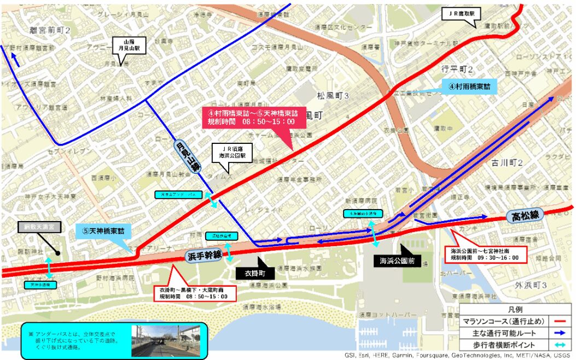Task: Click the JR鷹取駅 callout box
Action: [462, 13]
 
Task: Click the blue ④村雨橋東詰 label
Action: [469, 86]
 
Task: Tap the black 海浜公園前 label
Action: [398, 261]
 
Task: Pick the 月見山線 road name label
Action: [187, 158]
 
